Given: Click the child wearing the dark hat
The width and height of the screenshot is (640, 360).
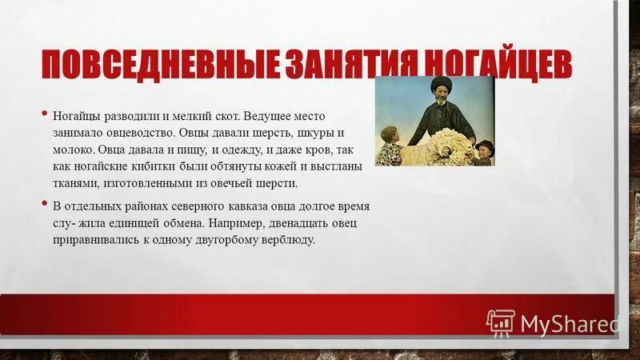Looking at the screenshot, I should (483, 151).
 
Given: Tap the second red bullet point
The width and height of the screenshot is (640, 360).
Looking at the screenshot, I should (45, 202).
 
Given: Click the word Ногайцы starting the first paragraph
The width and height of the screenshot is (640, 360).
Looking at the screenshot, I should (77, 117).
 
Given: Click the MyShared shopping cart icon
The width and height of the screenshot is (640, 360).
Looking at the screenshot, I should (501, 322).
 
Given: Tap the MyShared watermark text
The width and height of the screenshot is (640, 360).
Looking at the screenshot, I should (569, 322).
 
